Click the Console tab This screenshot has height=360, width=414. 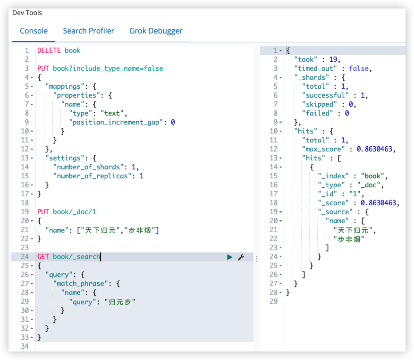point(34,31)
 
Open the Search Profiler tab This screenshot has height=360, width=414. point(88,31)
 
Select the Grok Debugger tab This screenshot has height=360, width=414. point(156,31)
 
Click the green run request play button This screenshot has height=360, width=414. point(230,257)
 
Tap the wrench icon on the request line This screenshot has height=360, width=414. point(241,257)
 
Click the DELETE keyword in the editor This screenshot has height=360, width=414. point(49,50)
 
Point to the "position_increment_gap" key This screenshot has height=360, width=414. point(116,122)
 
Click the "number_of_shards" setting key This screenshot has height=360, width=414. point(88,167)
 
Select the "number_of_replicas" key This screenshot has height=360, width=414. point(93,176)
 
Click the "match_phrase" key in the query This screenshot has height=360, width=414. point(81,284)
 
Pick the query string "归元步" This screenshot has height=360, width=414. point(120,301)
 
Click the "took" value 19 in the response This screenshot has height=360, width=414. point(333,59)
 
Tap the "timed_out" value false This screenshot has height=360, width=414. point(359,68)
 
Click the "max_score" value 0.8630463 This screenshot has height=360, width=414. point(374,149)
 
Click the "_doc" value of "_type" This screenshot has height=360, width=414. point(369,185)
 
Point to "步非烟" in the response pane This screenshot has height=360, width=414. point(349,239)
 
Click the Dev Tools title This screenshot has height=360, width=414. point(27,13)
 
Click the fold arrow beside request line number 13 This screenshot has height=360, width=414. point(32,159)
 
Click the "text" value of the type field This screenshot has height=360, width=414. point(112,113)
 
